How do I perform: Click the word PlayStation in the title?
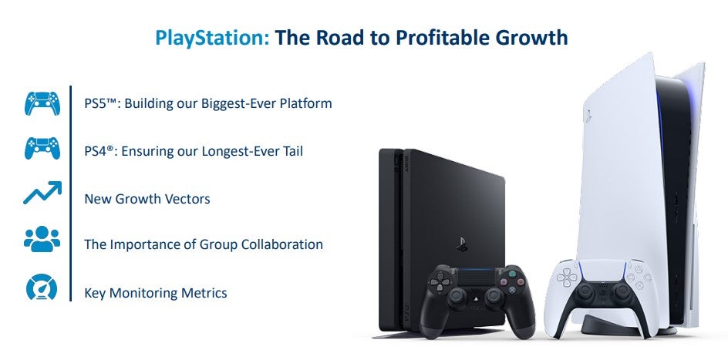[x=212, y=37]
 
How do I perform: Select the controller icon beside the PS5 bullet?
[x=42, y=103]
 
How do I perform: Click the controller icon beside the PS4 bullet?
[x=42, y=149]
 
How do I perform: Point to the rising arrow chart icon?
[x=42, y=193]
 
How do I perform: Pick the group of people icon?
[x=42, y=241]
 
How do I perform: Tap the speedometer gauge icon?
[x=42, y=288]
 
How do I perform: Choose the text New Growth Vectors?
[x=147, y=199]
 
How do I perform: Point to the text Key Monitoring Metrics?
[x=155, y=293]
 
